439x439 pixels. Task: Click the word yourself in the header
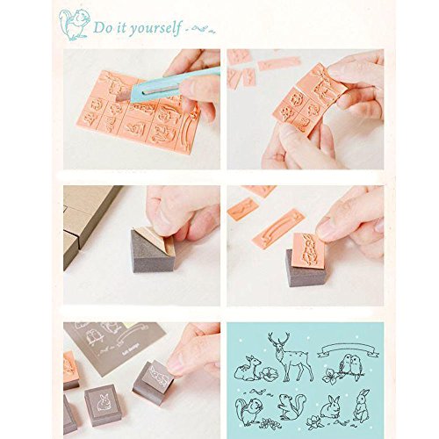(x=155, y=28)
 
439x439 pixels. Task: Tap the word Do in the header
(x=103, y=27)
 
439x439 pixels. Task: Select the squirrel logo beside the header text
(x=74, y=25)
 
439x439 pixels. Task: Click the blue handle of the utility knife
(x=175, y=84)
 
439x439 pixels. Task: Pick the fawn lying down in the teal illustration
(x=248, y=369)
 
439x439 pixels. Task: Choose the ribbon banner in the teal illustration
(x=349, y=349)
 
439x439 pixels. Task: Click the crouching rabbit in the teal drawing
(x=330, y=407)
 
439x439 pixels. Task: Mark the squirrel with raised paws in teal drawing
(x=291, y=407)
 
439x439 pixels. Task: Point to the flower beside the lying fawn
(x=270, y=374)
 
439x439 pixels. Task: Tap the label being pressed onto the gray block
(x=158, y=374)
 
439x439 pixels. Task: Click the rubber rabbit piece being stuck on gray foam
(x=308, y=250)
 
